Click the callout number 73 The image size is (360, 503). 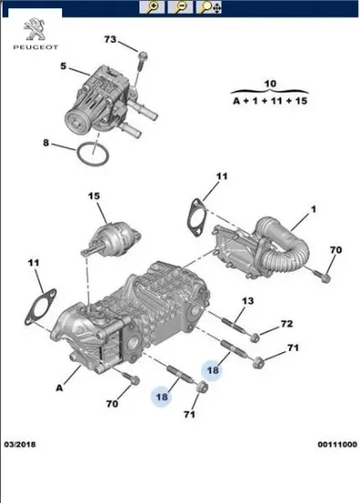tap(111, 40)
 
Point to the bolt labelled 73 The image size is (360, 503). tap(143, 59)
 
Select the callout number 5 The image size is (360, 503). tap(63, 67)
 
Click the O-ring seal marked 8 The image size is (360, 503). tap(94, 153)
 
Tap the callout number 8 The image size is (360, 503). tap(46, 142)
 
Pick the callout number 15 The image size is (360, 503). tap(93, 196)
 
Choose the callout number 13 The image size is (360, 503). tap(248, 301)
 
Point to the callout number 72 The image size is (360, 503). tap(286, 324)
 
